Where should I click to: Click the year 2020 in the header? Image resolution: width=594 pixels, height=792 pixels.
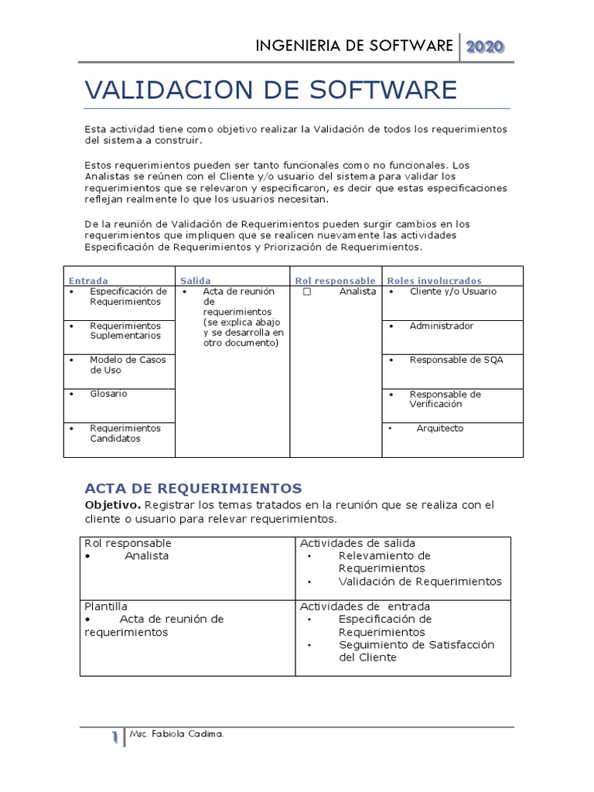click(485, 46)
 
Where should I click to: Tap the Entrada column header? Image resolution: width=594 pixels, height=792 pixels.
click(89, 281)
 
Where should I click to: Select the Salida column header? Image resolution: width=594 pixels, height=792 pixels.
click(195, 281)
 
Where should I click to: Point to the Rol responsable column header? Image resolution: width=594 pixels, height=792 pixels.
click(336, 281)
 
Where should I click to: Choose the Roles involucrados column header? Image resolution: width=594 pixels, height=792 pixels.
click(435, 281)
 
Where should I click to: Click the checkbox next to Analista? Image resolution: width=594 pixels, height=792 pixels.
click(307, 292)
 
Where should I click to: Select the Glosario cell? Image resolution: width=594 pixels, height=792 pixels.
click(108, 394)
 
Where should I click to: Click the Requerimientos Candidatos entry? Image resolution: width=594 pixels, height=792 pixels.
click(125, 433)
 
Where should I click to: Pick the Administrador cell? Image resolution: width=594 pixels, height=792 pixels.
click(441, 326)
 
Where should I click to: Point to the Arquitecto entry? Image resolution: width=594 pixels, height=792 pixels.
click(440, 428)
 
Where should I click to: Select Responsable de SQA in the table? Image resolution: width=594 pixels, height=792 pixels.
click(456, 360)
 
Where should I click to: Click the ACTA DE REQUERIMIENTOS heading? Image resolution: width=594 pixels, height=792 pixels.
click(192, 488)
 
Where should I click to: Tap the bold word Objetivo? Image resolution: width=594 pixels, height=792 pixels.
click(113, 505)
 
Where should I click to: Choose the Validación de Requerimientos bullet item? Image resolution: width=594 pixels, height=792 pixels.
click(420, 582)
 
